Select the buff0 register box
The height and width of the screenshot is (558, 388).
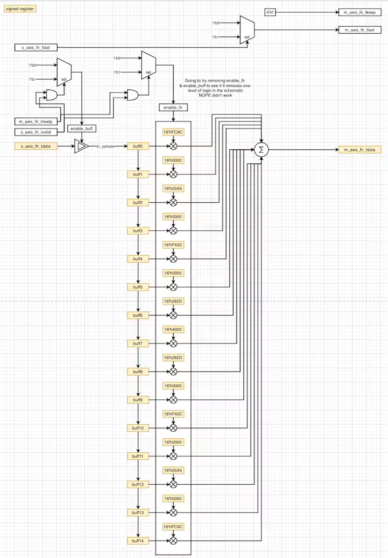coord(138,146)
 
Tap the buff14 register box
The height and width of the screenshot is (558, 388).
coord(138,541)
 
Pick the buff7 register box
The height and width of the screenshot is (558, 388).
coord(138,344)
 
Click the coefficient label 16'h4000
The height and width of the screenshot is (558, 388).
coord(173,329)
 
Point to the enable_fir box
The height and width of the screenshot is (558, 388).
coord(173,108)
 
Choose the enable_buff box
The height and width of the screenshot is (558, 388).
coord(82,128)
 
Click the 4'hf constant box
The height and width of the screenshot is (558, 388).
coord(270,12)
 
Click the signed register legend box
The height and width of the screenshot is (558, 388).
coord(20,9)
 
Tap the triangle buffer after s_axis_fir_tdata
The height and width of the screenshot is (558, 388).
coord(82,146)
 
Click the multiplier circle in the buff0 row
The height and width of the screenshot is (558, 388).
coord(173,146)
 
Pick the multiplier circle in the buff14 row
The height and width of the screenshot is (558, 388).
coord(173,541)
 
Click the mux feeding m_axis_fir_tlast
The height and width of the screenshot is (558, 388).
coord(247,29)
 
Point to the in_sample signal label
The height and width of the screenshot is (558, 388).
coord(106,146)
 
